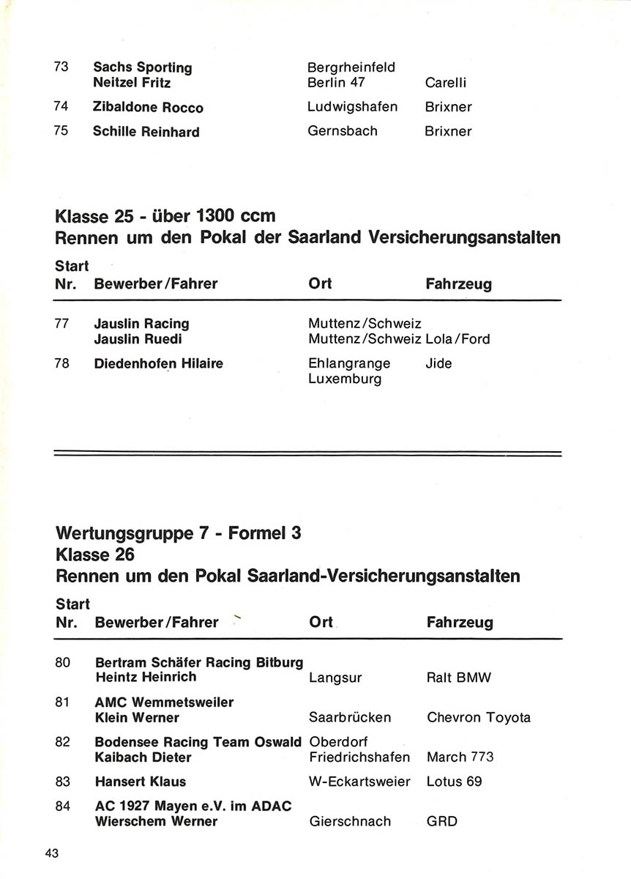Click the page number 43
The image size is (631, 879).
51,853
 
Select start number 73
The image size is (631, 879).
61,67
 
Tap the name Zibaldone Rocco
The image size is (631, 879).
148,107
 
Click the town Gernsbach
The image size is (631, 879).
343,131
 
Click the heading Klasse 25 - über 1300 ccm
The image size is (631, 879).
165,216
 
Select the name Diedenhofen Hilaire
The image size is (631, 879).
159,363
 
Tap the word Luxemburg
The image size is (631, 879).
345,379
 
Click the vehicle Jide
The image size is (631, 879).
438,363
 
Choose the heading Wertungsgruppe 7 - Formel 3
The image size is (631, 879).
178,533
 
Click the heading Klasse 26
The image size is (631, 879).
95,555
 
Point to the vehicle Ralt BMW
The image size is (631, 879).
458,678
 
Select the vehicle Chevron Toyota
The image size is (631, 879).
478,717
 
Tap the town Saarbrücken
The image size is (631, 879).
350,717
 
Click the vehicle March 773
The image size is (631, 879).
460,757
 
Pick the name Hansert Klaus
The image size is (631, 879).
141,782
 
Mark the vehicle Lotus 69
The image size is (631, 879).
454,782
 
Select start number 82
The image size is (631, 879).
62,742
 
